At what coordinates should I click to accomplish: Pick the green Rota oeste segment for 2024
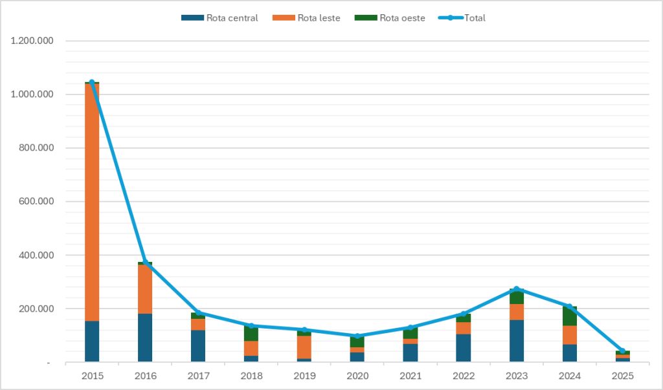click(570, 316)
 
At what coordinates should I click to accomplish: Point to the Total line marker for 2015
click(92, 82)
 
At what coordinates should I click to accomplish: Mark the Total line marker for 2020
click(357, 336)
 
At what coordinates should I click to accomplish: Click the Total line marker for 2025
click(623, 351)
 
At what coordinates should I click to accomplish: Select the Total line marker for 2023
click(517, 288)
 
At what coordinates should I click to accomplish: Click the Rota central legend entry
click(220, 18)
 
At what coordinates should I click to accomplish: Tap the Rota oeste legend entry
click(390, 18)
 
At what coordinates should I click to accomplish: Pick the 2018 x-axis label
click(251, 376)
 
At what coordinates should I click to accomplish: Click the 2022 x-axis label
click(464, 376)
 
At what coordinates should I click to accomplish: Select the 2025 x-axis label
click(623, 376)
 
